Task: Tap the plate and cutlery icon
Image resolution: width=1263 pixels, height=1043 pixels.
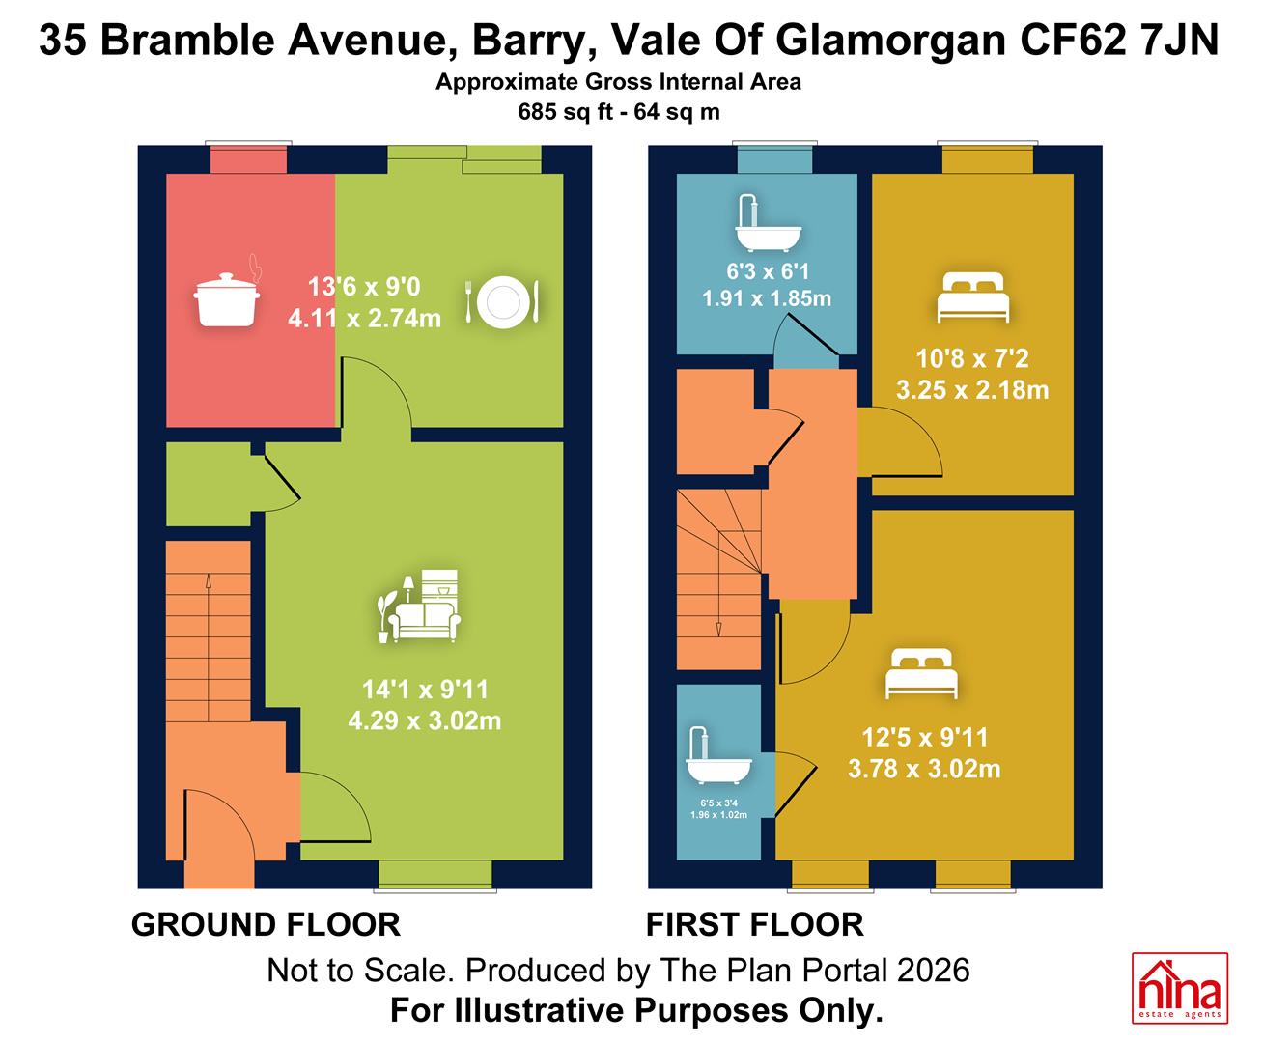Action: point(502,302)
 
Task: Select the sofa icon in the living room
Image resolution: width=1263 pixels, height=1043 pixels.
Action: point(418,606)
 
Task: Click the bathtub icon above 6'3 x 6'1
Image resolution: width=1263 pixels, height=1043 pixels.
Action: point(768,223)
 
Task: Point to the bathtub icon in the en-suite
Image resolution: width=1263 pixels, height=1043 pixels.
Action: point(718,754)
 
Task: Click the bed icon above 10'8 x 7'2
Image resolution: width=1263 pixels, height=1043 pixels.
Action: point(972,296)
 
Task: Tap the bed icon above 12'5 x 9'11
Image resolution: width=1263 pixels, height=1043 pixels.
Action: point(921,673)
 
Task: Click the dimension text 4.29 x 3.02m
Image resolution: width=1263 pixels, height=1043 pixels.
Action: point(425,720)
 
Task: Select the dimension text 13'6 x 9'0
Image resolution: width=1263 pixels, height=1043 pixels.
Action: point(364,286)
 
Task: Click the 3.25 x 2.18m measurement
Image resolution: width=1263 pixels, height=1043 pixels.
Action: point(972,390)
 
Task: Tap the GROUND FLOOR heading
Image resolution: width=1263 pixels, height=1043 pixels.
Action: point(266,924)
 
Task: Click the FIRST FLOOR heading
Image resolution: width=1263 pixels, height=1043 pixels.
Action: point(755,924)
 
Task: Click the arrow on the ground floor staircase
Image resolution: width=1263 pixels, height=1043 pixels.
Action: point(208,647)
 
